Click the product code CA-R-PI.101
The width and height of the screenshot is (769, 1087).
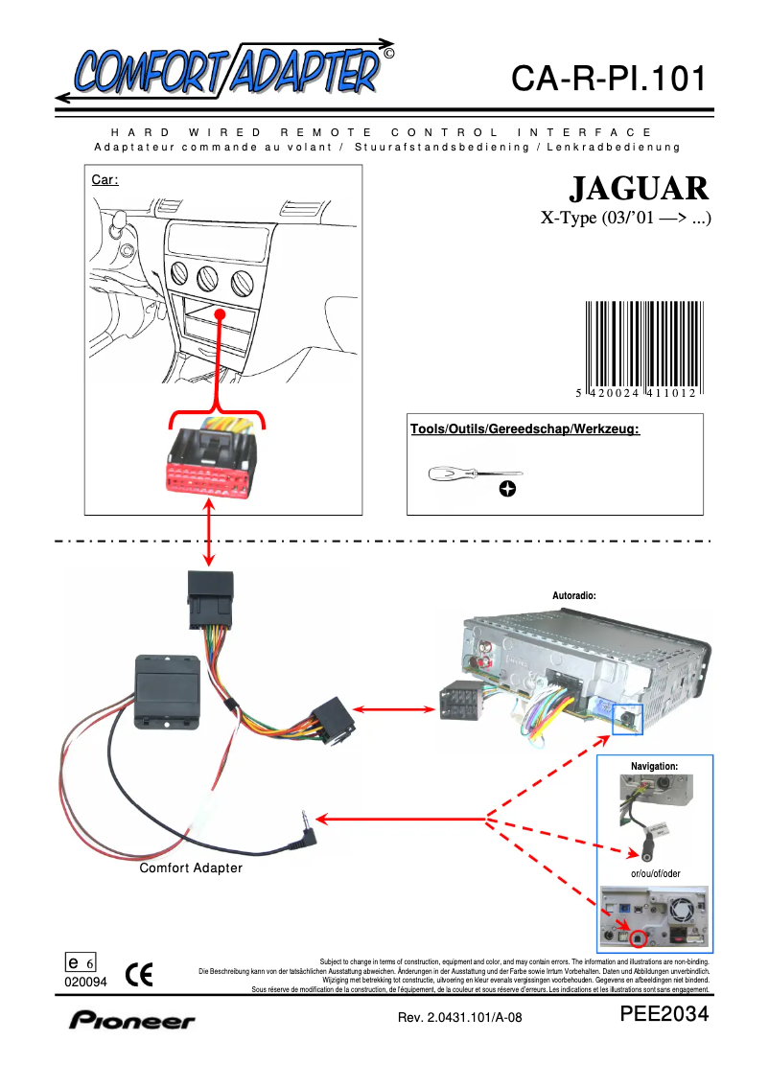tap(608, 79)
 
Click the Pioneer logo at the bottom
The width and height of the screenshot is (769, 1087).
tap(131, 1020)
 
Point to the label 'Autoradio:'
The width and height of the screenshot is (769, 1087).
tap(574, 595)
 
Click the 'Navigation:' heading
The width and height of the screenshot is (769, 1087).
tap(654, 766)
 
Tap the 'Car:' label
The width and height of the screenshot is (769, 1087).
tap(105, 179)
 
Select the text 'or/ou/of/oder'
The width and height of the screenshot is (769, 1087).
tap(655, 873)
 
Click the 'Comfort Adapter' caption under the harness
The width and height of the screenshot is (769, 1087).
tap(191, 868)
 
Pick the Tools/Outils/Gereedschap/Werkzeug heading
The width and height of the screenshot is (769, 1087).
tap(524, 428)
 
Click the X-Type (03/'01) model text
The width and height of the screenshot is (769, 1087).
tap(626, 218)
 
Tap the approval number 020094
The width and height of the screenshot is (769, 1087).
tap(85, 982)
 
